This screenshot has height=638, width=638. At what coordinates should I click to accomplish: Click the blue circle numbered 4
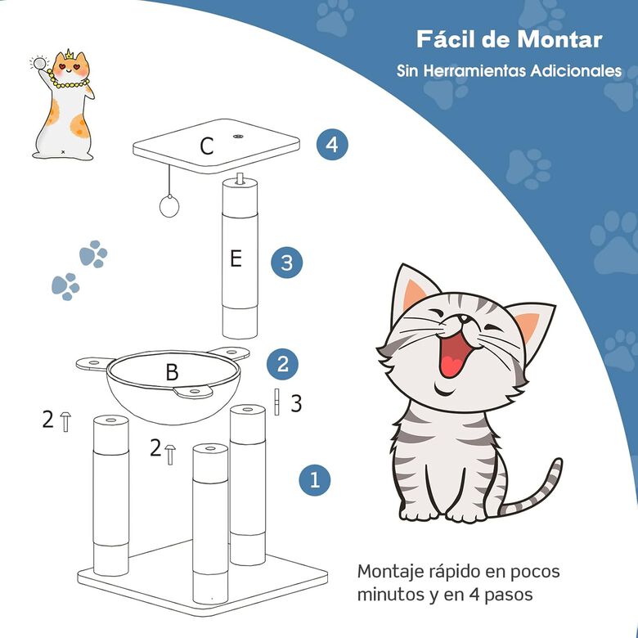coord(331,145)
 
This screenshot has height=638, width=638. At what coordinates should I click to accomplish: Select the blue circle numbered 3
coord(286,263)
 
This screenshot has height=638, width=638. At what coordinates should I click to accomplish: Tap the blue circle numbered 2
coord(282,363)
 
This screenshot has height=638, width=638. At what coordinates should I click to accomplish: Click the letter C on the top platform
coord(207,146)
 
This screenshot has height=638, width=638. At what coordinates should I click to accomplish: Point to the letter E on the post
coord(236,259)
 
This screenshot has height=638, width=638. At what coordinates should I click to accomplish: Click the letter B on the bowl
coord(172,373)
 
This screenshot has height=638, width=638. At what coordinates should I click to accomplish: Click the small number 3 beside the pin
coord(297,403)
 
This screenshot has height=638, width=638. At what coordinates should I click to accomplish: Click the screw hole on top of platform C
coord(238,137)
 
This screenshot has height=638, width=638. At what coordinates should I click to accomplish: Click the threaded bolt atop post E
coord(239,178)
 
